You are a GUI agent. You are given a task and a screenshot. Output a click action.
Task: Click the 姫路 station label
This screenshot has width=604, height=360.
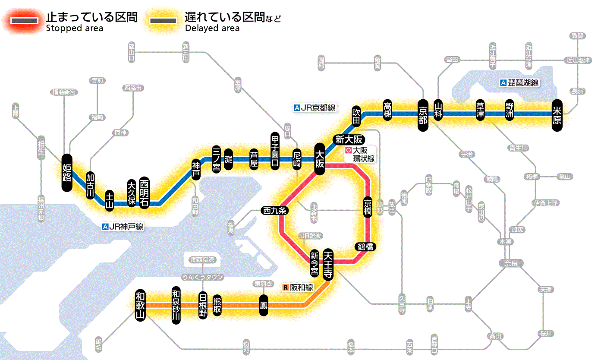(66, 172)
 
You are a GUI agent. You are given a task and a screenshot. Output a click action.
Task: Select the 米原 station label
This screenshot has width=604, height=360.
(557, 114)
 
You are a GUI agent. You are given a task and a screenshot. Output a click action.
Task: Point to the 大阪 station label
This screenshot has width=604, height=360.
(320, 159)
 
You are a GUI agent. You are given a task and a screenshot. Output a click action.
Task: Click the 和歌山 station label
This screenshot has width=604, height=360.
(140, 304)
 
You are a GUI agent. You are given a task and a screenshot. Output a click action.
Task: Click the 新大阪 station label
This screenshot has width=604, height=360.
(350, 139)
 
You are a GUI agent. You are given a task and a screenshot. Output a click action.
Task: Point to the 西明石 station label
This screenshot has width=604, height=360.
(144, 193)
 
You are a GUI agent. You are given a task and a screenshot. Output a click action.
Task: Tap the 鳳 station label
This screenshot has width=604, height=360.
(264, 305)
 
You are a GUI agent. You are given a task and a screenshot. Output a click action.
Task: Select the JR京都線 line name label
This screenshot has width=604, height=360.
(315, 108)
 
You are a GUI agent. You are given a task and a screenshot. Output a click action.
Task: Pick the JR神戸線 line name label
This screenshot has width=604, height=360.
(123, 227)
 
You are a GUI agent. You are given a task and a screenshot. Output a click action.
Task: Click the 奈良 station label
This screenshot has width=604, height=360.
(510, 263)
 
